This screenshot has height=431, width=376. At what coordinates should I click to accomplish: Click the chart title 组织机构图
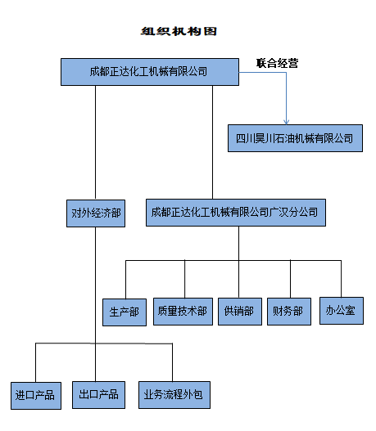(179, 31)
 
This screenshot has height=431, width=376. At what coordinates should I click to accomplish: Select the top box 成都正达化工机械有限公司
(150, 72)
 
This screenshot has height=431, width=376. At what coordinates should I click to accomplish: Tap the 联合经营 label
(277, 63)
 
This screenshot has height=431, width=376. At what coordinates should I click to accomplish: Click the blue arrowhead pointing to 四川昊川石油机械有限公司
(286, 122)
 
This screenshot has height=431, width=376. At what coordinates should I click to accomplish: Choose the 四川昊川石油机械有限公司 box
(295, 138)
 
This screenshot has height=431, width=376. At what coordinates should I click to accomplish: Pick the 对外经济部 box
(96, 213)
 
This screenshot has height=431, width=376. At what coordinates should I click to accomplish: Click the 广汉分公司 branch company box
(236, 213)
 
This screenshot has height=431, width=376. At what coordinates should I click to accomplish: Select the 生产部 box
(125, 312)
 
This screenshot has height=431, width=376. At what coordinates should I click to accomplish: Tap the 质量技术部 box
(183, 312)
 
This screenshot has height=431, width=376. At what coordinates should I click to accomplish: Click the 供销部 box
(240, 312)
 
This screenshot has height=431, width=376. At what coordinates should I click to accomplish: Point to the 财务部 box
(289, 312)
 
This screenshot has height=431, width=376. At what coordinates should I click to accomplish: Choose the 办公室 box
(342, 311)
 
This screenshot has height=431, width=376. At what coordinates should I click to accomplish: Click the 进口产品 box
(36, 396)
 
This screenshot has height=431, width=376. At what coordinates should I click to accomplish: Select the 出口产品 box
(98, 395)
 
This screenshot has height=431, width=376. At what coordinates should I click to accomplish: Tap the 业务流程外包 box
(174, 395)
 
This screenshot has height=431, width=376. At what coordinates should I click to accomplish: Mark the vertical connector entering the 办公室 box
(342, 279)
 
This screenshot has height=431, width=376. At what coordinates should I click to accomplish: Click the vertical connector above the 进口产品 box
(35, 362)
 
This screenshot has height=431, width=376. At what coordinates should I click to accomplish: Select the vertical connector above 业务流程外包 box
(172, 362)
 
